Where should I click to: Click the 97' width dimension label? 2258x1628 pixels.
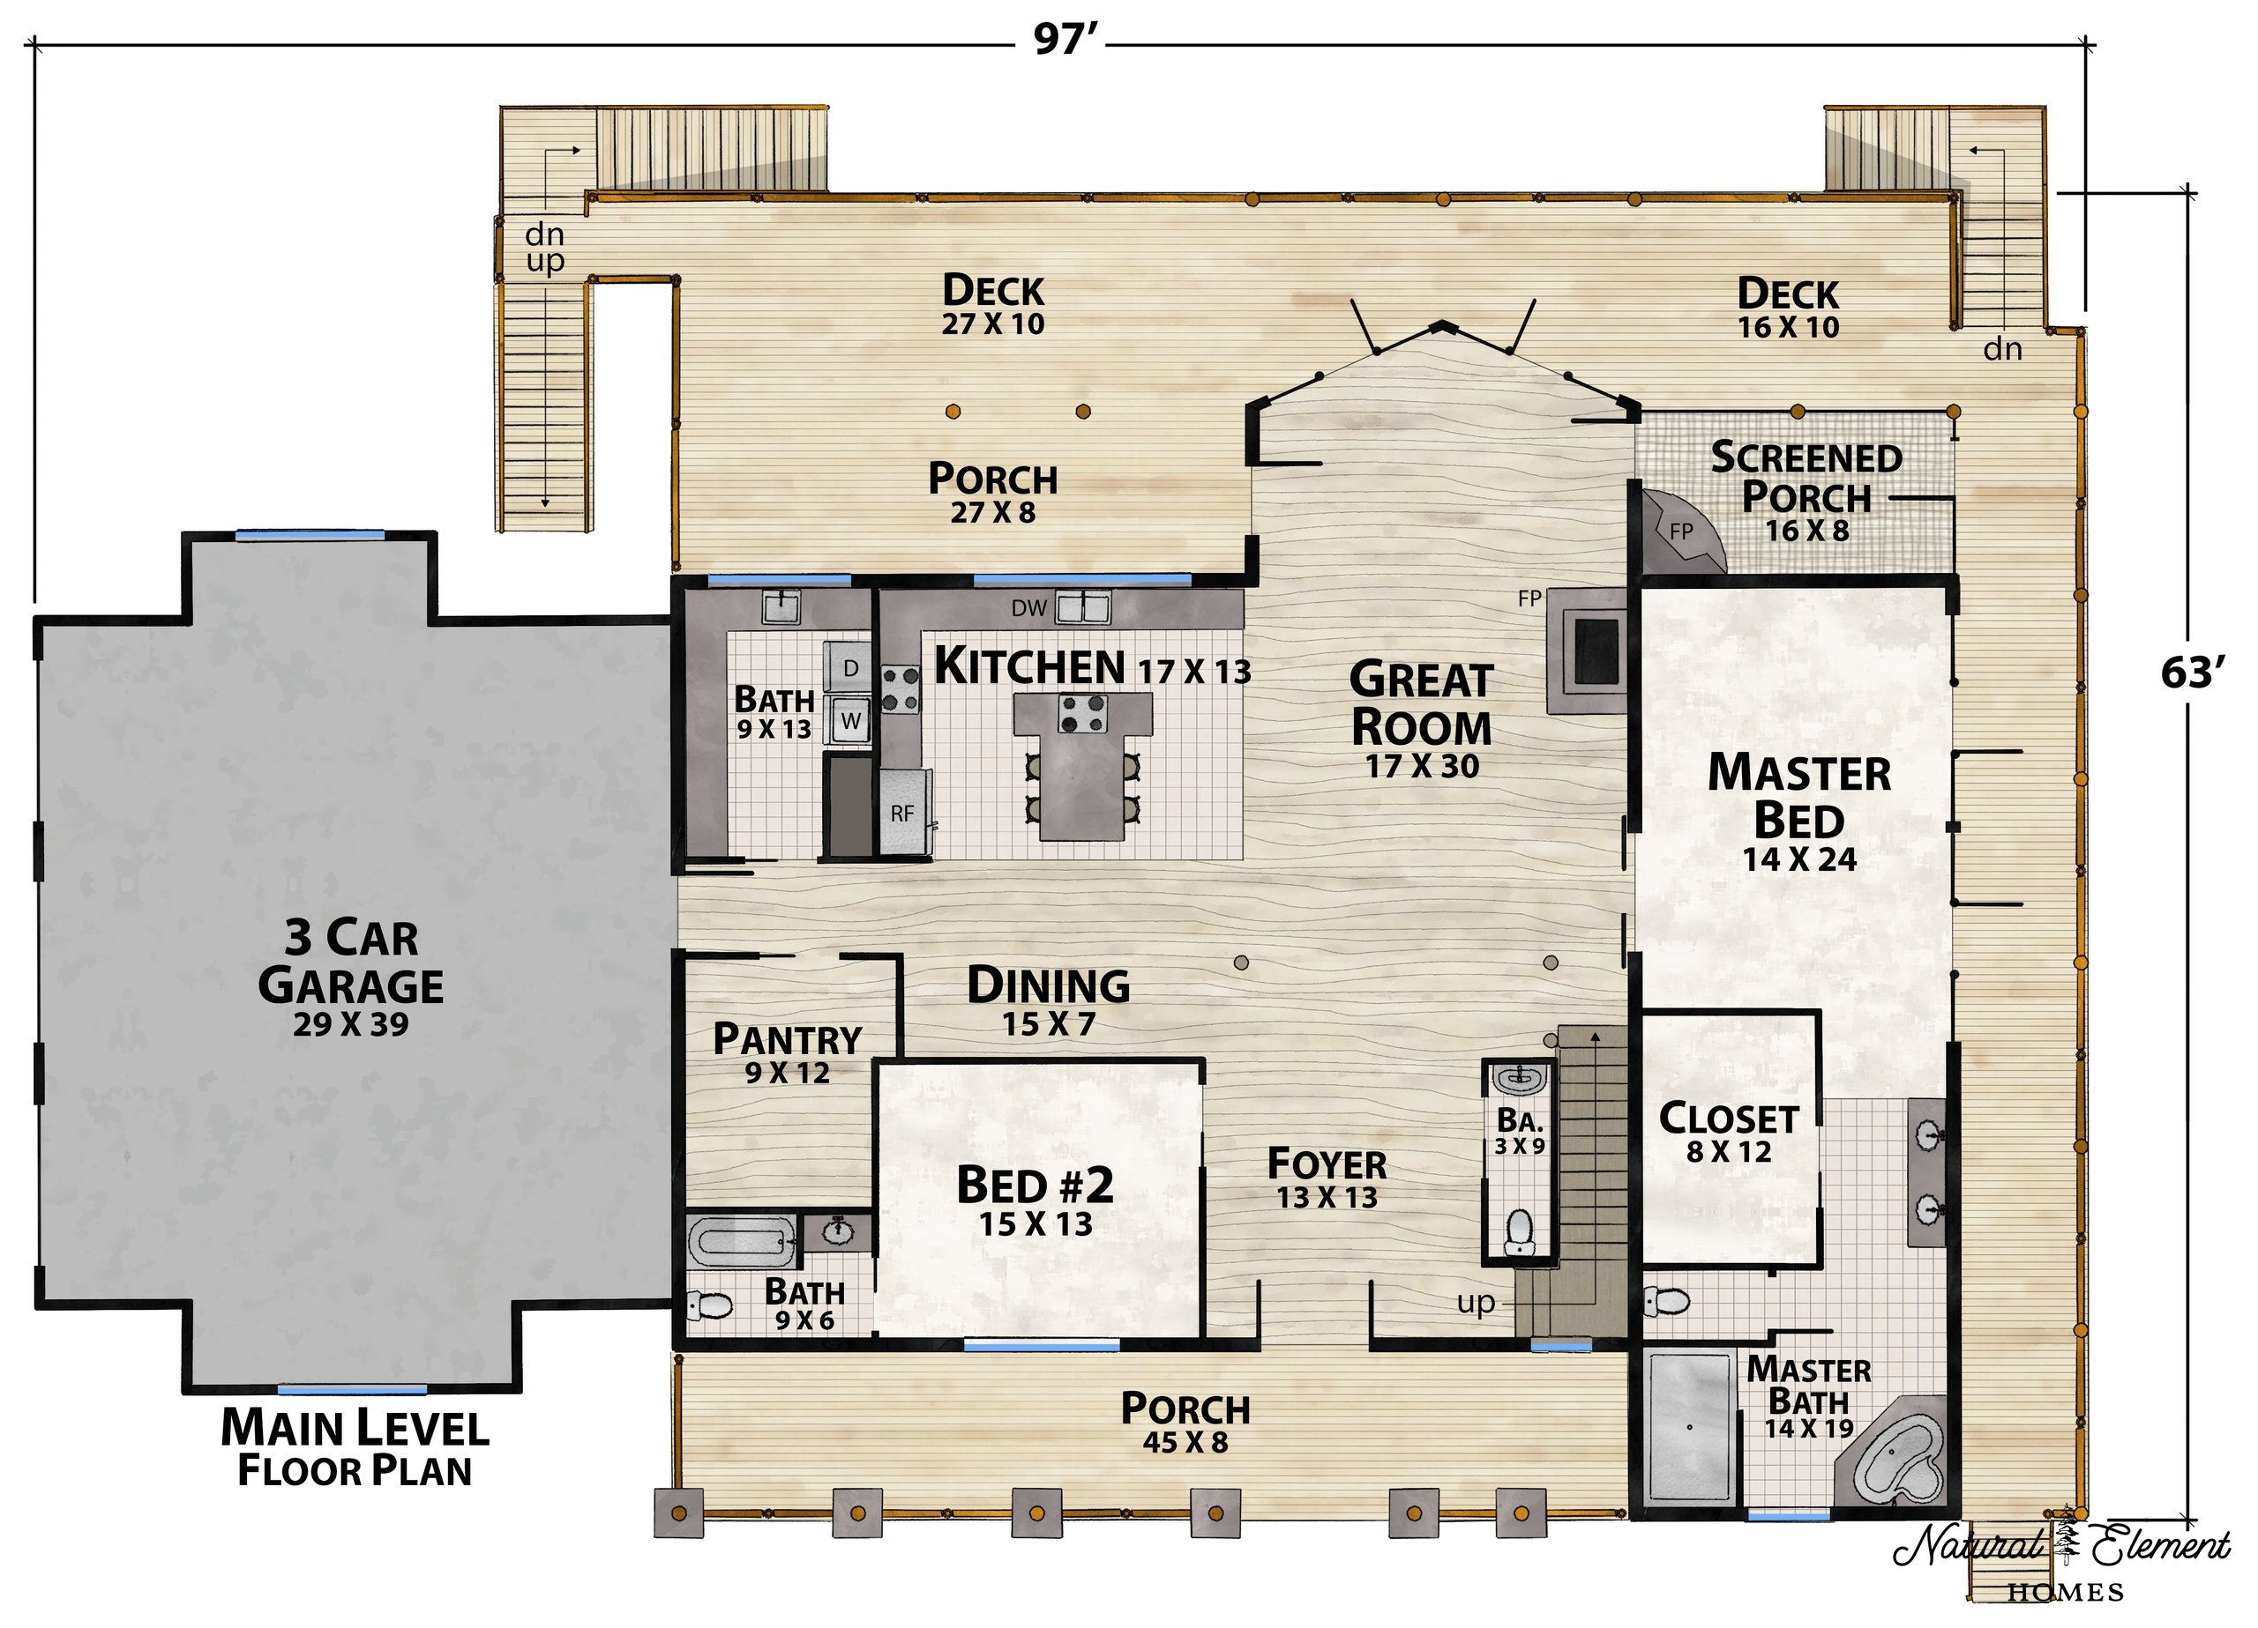(1065, 41)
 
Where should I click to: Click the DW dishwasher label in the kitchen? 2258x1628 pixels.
(1028, 608)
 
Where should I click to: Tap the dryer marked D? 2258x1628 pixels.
(850, 668)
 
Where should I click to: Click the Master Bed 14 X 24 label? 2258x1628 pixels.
(1799, 812)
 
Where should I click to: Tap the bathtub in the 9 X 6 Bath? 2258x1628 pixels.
(743, 1241)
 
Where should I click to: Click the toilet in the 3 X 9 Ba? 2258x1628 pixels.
(1519, 1232)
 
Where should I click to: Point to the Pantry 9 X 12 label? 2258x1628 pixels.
(788, 1052)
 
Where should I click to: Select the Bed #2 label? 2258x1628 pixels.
(1035, 1201)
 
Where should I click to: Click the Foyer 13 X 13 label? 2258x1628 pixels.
(1327, 1178)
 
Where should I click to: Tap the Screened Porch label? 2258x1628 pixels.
(1807, 492)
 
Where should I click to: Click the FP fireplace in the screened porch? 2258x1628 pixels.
(1681, 532)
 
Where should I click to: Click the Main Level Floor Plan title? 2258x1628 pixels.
(355, 1448)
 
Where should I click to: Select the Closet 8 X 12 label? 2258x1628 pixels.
(1729, 1133)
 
